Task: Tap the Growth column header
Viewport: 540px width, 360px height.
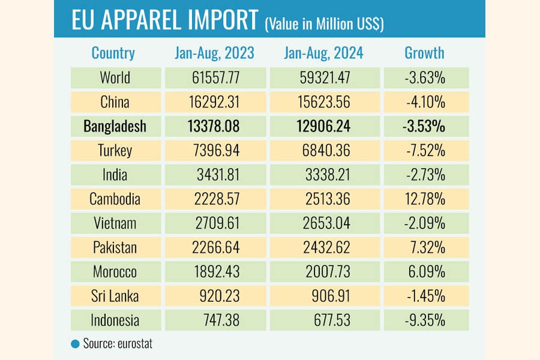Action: [424, 53]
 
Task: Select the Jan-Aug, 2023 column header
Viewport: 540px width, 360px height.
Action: [214, 53]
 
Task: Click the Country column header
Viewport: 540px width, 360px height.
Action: [113, 53]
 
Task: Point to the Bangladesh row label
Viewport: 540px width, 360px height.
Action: [115, 127]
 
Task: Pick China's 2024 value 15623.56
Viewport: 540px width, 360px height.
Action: [323, 102]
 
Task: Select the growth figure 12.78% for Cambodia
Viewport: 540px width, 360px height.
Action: [424, 199]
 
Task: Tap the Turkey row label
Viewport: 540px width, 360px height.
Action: [115, 151]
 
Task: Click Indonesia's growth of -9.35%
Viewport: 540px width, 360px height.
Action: [424, 320]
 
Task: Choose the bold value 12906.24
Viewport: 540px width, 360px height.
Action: [323, 127]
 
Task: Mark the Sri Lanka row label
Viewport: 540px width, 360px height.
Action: [115, 296]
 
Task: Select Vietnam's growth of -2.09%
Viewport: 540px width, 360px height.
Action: [424, 223]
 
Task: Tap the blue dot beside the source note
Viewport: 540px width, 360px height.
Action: [75, 344]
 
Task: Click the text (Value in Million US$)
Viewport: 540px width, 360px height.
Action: [324, 23]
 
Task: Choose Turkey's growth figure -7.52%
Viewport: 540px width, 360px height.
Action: [424, 151]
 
